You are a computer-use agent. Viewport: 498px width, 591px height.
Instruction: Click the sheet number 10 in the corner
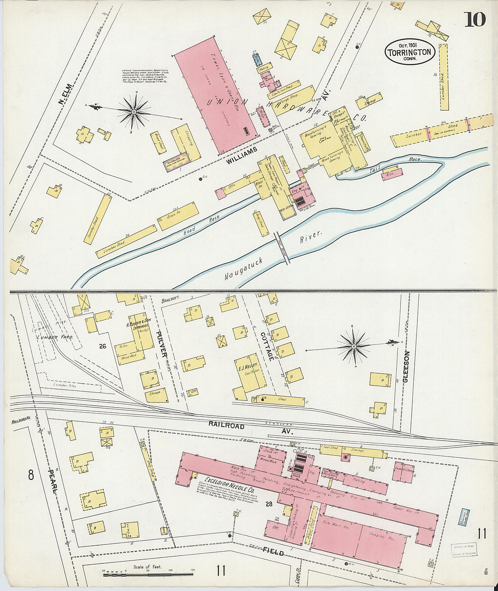pyautogui.click(x=474, y=19)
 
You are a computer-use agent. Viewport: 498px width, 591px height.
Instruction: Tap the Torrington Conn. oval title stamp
pyautogui.click(x=410, y=52)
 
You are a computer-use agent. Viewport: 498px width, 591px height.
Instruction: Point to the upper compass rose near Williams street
pyautogui.click(x=134, y=110)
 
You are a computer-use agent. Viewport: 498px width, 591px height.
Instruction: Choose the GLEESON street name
pyautogui.click(x=406, y=366)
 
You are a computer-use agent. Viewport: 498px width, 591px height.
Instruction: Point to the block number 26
pyautogui.click(x=103, y=346)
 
